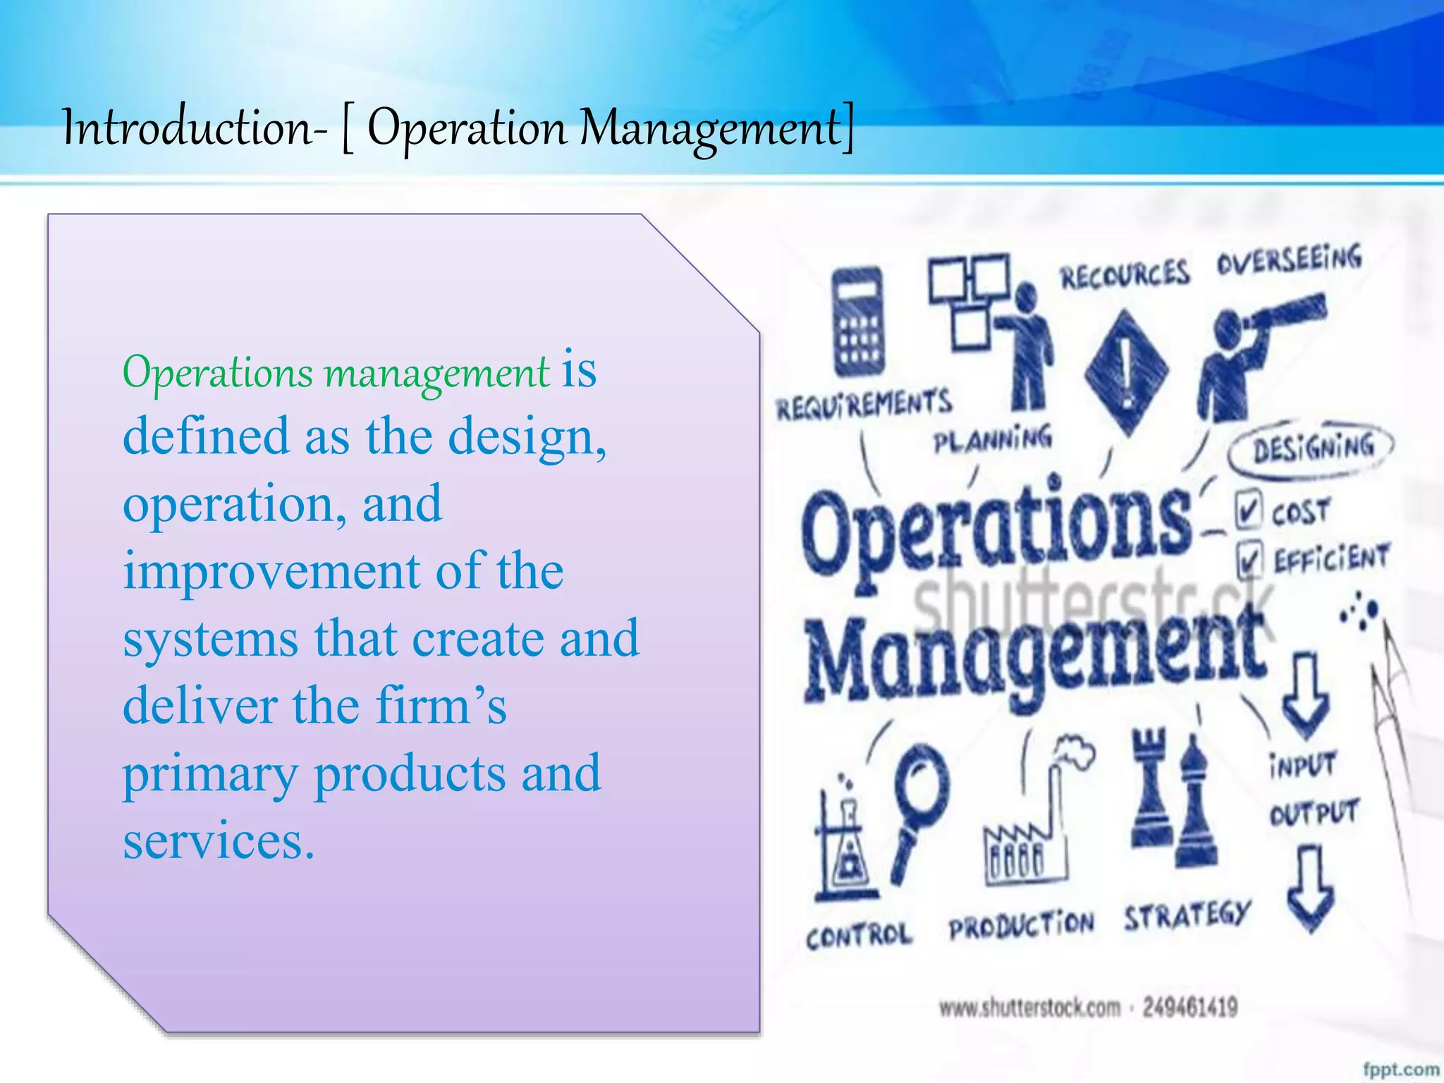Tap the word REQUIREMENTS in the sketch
(x=864, y=404)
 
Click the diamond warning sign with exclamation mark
(x=1126, y=371)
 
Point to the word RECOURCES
(x=1126, y=274)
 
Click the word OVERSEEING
(x=1290, y=259)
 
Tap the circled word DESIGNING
(x=1313, y=447)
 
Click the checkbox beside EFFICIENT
(x=1249, y=561)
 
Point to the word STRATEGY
(x=1187, y=915)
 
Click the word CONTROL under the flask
(x=859, y=936)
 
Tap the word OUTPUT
(x=1314, y=813)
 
